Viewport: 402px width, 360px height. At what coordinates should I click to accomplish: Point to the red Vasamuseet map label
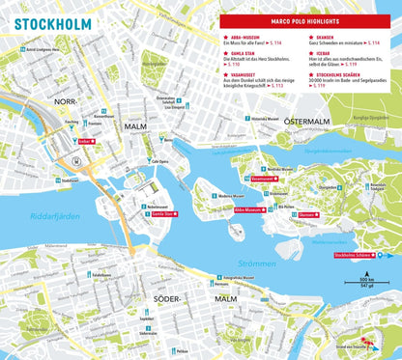pos(265,179)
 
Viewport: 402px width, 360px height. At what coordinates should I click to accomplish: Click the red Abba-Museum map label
pos(249,208)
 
